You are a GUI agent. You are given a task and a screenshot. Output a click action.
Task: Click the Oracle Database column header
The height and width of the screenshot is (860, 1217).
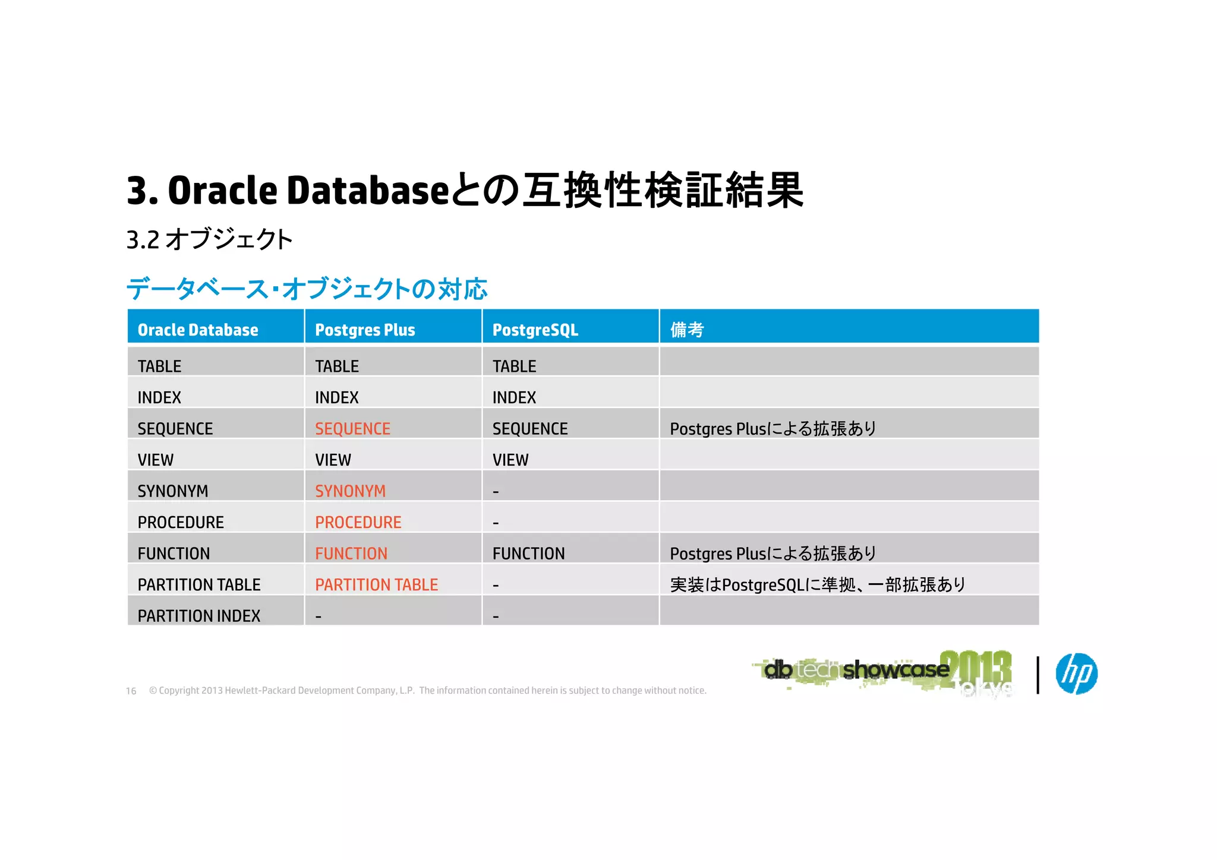point(198,330)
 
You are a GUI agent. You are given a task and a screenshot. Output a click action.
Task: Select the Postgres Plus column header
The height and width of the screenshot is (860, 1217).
point(365,330)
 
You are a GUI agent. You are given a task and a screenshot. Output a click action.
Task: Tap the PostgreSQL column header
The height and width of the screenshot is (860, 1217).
point(535,330)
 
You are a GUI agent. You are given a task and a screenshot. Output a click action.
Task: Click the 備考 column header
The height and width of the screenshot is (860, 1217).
point(687,330)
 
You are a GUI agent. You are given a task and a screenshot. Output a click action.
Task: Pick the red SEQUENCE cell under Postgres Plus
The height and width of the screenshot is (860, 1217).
point(352,428)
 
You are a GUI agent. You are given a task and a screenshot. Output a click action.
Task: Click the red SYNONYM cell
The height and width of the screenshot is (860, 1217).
point(350,491)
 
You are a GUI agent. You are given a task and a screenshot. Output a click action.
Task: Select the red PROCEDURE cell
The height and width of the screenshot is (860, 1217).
point(358,522)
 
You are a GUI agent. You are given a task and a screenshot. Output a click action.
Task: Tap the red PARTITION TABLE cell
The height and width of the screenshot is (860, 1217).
point(376,584)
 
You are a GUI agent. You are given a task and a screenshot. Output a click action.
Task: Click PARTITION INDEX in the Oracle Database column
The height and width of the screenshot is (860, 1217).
point(199,616)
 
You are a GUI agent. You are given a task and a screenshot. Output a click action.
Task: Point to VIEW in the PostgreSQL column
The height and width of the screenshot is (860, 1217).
point(510,460)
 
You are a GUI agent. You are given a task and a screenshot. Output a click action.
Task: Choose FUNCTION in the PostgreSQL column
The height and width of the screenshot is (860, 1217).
point(528,554)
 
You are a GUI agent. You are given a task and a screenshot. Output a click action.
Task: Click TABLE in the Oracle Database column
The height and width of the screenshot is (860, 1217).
point(159,366)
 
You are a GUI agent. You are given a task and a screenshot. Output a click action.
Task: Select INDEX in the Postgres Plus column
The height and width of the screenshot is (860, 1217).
point(336,397)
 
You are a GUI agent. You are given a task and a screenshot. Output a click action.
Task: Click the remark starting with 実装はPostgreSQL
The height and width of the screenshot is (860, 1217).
point(817,584)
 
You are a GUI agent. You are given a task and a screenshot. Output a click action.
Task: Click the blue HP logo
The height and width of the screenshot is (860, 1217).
point(1076,674)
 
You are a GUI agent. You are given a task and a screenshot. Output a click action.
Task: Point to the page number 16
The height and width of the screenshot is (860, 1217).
point(131,691)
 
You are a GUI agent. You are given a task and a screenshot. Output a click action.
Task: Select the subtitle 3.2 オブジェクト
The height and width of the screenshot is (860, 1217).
point(209,239)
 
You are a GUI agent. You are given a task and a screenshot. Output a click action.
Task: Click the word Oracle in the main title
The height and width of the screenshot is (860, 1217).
point(223,191)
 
